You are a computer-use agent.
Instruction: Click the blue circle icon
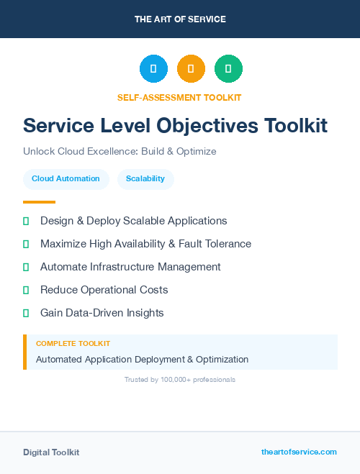[153, 69]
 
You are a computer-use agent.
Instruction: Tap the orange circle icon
[191, 69]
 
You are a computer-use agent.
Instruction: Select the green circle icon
[228, 69]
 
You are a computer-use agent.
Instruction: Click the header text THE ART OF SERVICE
[180, 19]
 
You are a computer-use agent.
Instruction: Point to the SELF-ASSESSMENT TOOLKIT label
[179, 97]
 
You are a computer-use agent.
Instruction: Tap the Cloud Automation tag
[66, 178]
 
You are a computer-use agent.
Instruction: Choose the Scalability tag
[145, 178]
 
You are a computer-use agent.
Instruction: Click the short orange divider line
[39, 202]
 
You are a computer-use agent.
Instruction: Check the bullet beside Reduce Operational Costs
[26, 290]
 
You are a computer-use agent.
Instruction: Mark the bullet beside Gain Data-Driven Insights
[26, 313]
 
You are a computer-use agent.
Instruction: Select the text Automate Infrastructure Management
[130, 267]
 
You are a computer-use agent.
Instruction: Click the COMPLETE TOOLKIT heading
[73, 344]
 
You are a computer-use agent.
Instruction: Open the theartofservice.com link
[299, 452]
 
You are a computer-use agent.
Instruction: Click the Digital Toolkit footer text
[51, 452]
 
